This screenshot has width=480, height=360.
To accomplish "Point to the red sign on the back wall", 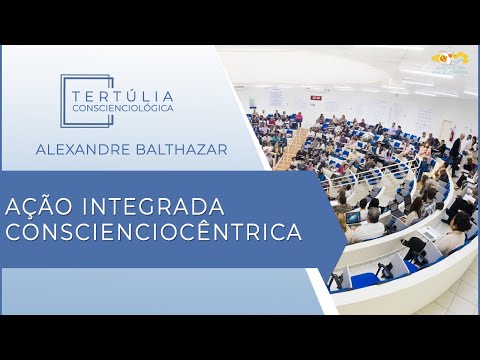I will click(315, 98).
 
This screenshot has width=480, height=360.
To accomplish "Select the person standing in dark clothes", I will click(455, 150).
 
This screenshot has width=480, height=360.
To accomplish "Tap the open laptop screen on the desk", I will click(354, 218).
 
